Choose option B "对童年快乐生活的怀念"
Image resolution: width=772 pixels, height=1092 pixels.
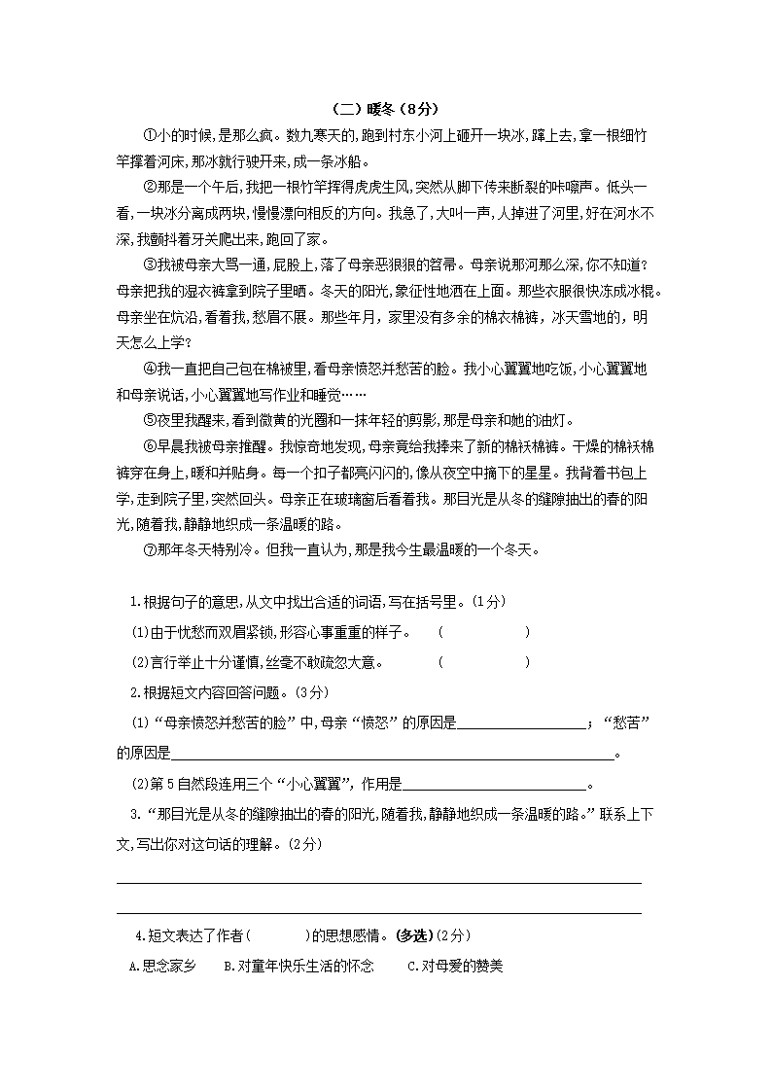tap(298, 967)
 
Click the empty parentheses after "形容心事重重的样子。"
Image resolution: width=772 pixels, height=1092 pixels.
tap(483, 633)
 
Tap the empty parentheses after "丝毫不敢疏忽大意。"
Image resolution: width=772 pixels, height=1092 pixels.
tap(483, 663)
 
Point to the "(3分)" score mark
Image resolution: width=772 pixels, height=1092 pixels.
tap(314, 692)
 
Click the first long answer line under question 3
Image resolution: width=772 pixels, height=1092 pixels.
tap(379, 882)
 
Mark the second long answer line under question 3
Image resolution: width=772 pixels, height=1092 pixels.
tap(379, 912)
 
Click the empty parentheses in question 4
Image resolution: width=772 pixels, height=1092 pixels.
tap(278, 935)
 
